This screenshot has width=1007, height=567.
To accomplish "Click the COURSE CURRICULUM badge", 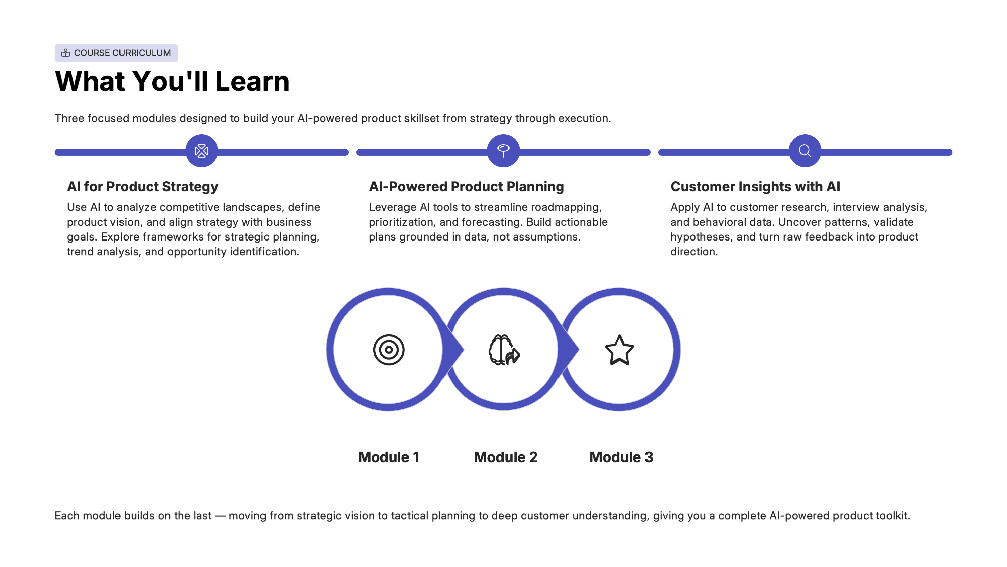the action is (116, 53).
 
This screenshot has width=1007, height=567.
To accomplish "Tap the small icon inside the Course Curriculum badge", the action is (66, 53).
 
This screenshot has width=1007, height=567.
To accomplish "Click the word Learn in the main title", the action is (252, 81).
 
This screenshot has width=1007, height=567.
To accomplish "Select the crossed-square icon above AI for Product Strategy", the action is (202, 151).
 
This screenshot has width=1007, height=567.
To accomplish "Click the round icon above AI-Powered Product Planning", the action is (503, 151).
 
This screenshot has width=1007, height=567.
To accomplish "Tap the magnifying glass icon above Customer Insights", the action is (805, 151).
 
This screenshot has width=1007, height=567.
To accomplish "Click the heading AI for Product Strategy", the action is (143, 187).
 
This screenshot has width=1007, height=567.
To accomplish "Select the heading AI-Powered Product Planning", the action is (466, 187).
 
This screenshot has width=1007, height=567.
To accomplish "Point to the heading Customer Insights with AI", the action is (755, 187).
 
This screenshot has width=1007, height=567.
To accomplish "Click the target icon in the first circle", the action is (389, 349).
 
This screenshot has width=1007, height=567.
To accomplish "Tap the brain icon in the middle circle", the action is (504, 349).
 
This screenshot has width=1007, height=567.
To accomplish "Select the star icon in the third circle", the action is (619, 350).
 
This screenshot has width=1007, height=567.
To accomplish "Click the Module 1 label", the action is (389, 457).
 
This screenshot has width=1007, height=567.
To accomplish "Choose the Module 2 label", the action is (506, 457).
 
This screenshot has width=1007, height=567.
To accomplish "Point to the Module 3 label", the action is (621, 457).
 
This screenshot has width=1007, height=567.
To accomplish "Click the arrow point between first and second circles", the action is (464, 349).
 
